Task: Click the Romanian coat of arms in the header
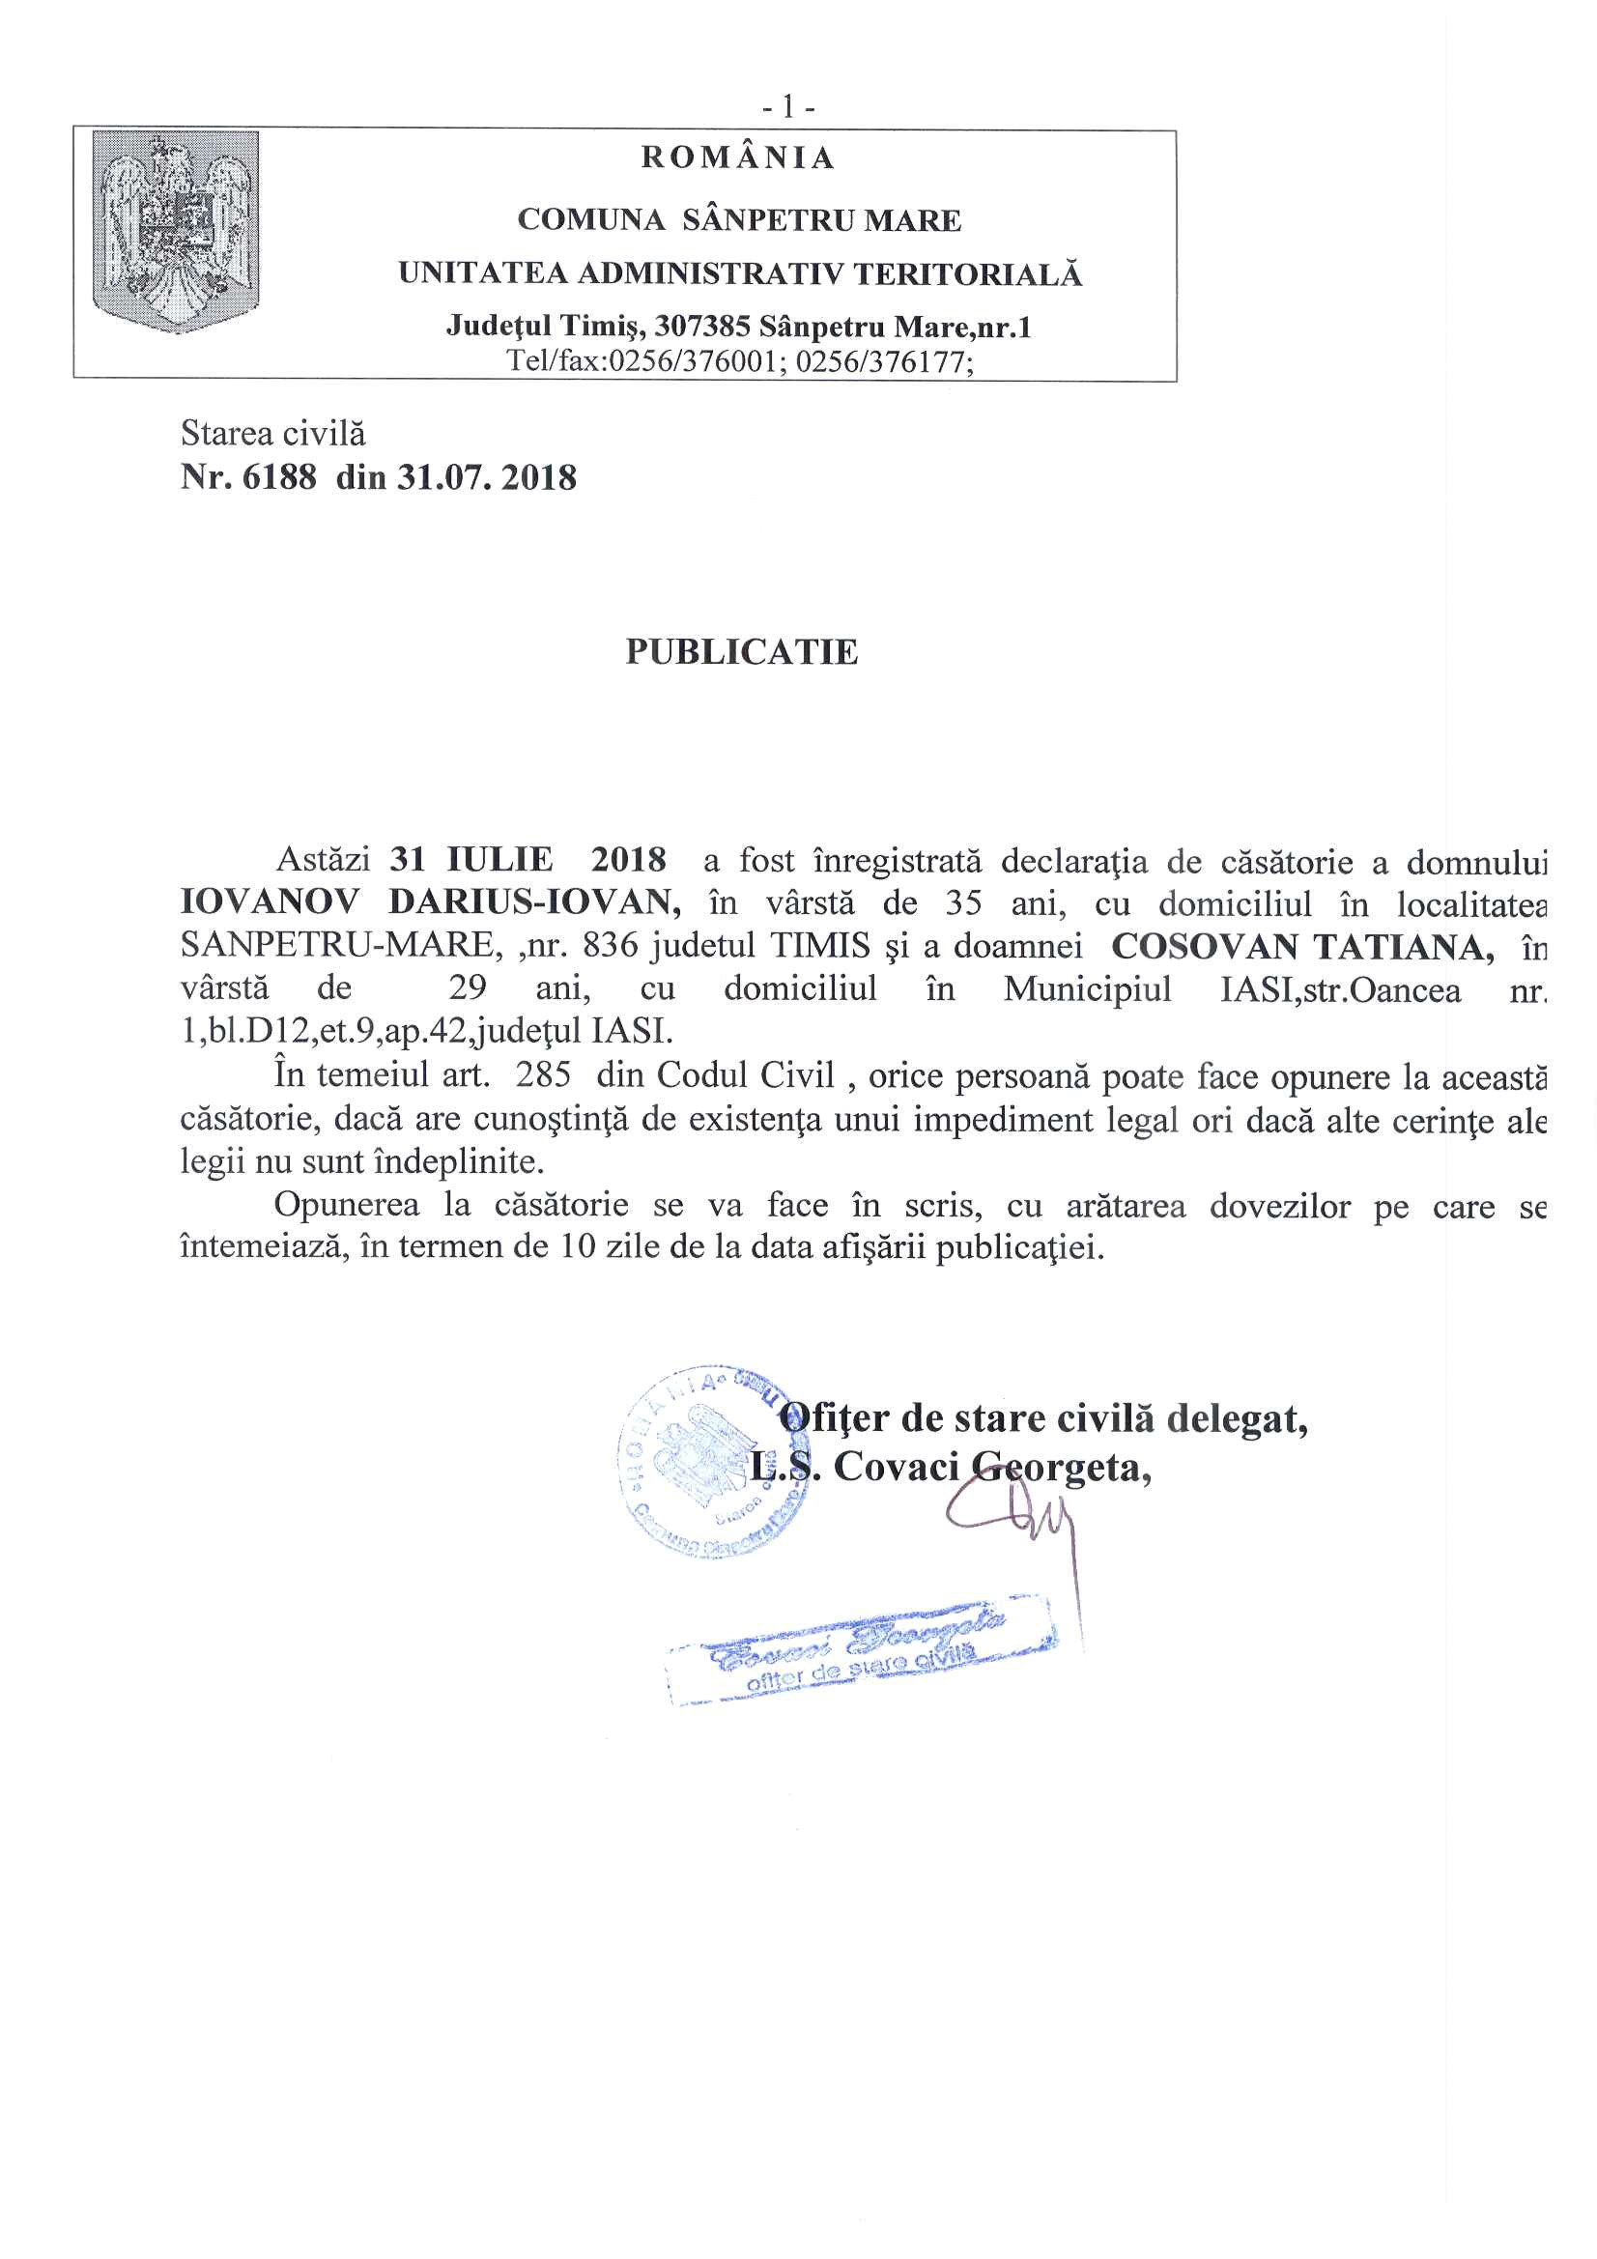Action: [x=175, y=231]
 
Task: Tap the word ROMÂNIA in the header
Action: [x=738, y=157]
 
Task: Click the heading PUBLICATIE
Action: [x=742, y=651]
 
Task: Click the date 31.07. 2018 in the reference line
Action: [x=486, y=478]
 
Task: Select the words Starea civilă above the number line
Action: [x=272, y=433]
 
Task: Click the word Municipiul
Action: [x=1087, y=987]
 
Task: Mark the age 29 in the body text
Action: [x=468, y=987]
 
